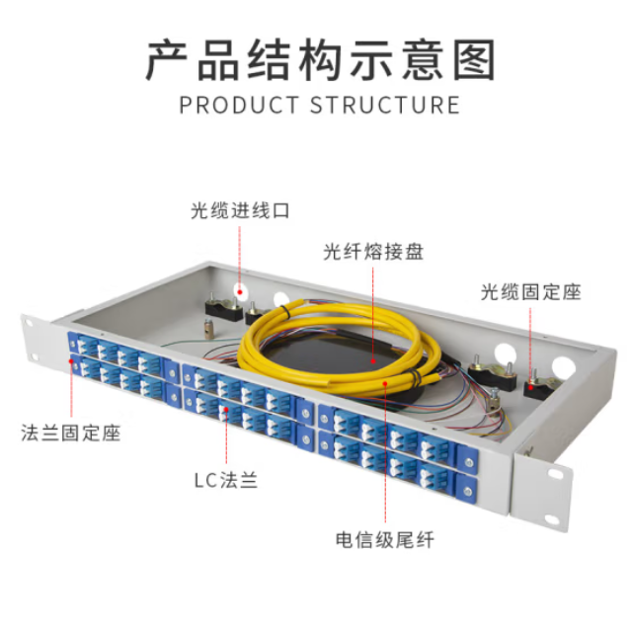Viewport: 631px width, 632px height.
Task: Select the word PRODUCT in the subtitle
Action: [239, 105]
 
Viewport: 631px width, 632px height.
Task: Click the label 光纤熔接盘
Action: [372, 252]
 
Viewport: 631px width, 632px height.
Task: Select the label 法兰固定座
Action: [70, 433]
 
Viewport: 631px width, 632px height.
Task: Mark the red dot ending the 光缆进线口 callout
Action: [239, 289]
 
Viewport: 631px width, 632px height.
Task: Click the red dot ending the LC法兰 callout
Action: [225, 408]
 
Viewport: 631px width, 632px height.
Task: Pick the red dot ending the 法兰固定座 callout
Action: [70, 361]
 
